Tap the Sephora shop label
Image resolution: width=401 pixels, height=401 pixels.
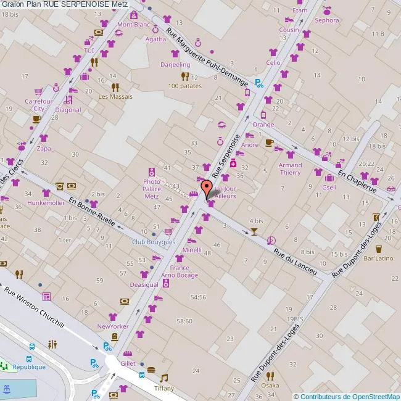point(327,20)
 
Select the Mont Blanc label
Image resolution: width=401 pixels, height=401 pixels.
point(133,25)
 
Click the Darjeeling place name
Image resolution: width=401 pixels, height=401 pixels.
point(175,64)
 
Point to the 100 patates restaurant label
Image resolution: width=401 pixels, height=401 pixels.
point(185,86)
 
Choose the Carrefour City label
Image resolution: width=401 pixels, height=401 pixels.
point(38,104)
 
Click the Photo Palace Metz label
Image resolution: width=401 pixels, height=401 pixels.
point(152,189)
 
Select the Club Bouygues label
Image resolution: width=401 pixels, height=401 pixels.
point(154,242)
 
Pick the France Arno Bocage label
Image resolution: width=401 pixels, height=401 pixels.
point(180,271)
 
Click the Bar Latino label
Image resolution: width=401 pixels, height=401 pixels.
point(378,258)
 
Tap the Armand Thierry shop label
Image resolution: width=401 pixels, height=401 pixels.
point(290,168)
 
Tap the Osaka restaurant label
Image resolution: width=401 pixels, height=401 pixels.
point(270,386)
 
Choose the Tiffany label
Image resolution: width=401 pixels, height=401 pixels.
point(163,388)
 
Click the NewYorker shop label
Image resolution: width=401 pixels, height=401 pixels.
point(112,326)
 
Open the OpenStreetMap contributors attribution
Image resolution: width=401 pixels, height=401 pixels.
point(347,396)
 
